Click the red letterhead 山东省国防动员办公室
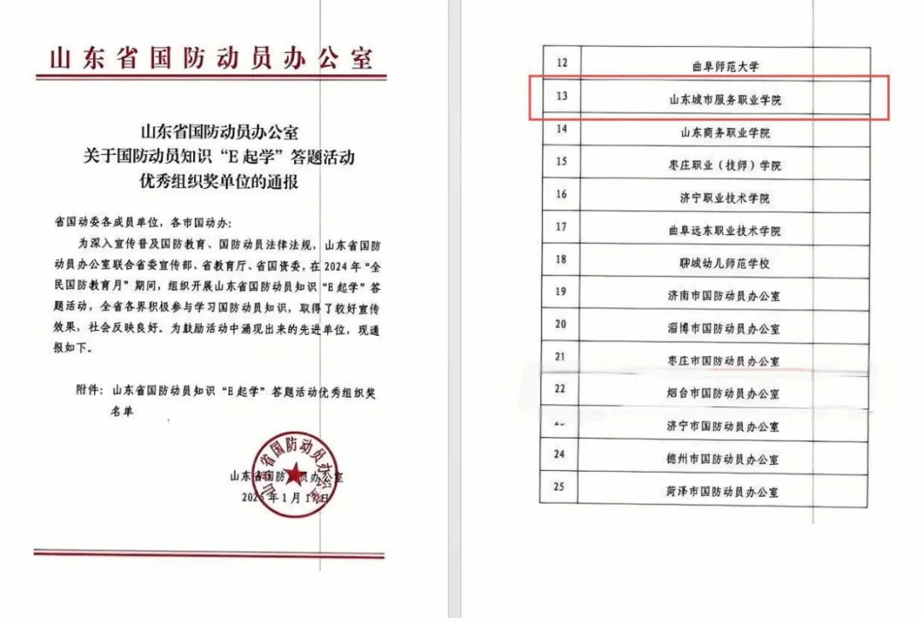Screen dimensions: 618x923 click(211, 59)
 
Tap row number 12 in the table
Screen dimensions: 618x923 click(561, 63)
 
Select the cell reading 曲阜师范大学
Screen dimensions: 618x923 click(725, 65)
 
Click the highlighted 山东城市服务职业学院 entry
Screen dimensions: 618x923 click(725, 100)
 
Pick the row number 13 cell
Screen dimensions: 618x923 click(561, 96)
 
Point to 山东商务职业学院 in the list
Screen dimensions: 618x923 click(725, 132)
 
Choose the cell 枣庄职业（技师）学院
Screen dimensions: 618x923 click(725, 165)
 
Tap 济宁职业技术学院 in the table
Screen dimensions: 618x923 click(725, 197)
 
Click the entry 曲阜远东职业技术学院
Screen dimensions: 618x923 click(725, 230)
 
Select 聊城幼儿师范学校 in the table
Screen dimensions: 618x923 click(725, 262)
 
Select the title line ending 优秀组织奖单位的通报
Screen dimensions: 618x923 click(220, 182)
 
